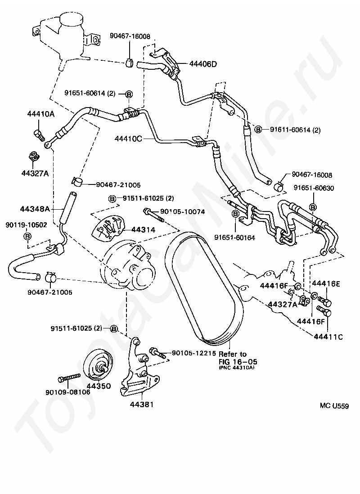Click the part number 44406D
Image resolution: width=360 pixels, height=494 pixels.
click(203, 64)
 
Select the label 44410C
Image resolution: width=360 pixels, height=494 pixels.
click(128, 138)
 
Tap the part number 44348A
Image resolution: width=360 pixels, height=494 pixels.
click(35, 209)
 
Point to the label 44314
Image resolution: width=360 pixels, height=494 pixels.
click(144, 229)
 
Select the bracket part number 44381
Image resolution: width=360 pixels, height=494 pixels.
click(142, 404)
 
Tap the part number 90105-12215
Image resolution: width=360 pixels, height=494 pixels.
click(193, 354)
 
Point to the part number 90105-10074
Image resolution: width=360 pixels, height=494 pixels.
click(183, 212)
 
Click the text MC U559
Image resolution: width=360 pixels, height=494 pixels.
click(334, 406)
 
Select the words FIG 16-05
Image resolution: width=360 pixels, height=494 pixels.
click(238, 361)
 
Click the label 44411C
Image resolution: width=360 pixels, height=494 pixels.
click(328, 337)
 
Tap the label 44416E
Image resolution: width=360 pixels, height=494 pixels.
click(326, 284)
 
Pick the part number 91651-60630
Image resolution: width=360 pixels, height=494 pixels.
click(314, 188)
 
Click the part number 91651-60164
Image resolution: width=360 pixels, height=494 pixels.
click(234, 238)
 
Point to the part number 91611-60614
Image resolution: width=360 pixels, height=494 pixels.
click(290, 130)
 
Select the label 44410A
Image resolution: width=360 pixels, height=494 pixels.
click(40, 114)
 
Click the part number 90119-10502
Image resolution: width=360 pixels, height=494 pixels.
click(26, 225)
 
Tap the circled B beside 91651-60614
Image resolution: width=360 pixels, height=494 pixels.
click(129, 94)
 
